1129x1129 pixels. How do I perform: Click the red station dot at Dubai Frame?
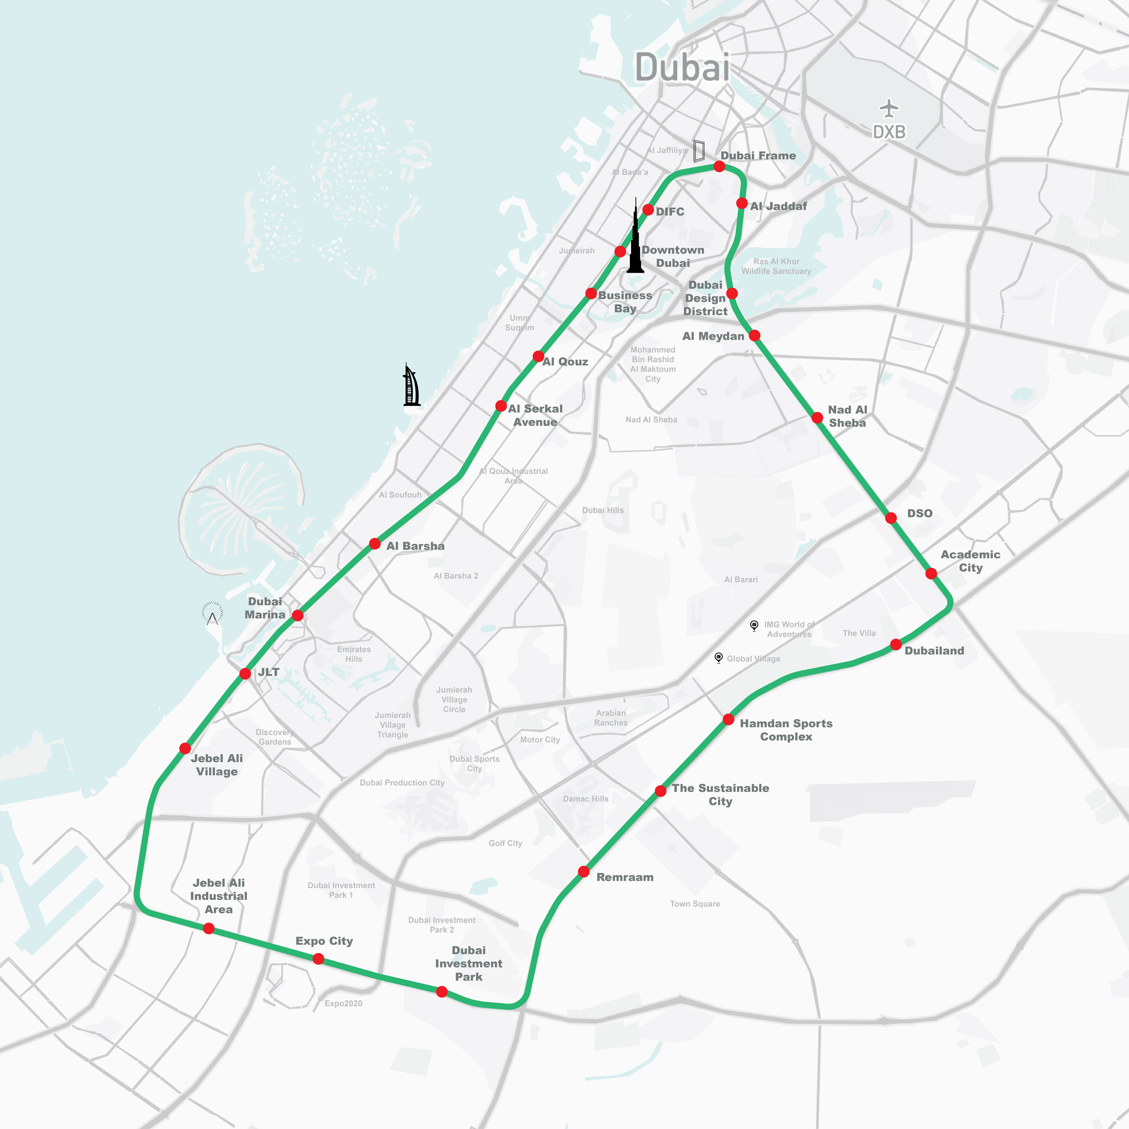coord(719,167)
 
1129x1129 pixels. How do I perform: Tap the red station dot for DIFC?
coord(648,210)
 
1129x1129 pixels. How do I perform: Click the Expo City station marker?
coord(319,959)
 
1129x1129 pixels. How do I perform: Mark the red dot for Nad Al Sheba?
coord(818,417)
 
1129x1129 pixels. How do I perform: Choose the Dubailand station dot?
coord(896,645)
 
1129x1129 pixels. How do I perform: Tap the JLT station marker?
coord(245,674)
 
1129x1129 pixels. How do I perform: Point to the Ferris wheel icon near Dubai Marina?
coord(212,614)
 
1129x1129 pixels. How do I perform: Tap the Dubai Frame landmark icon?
coord(698,151)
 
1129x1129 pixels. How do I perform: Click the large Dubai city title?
coord(682,67)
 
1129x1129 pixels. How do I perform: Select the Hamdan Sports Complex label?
coord(786,730)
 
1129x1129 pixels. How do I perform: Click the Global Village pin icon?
coord(719,658)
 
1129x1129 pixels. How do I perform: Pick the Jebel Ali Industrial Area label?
coord(219,896)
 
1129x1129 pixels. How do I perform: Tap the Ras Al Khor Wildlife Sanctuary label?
coord(776,266)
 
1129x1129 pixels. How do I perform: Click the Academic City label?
coord(970,561)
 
